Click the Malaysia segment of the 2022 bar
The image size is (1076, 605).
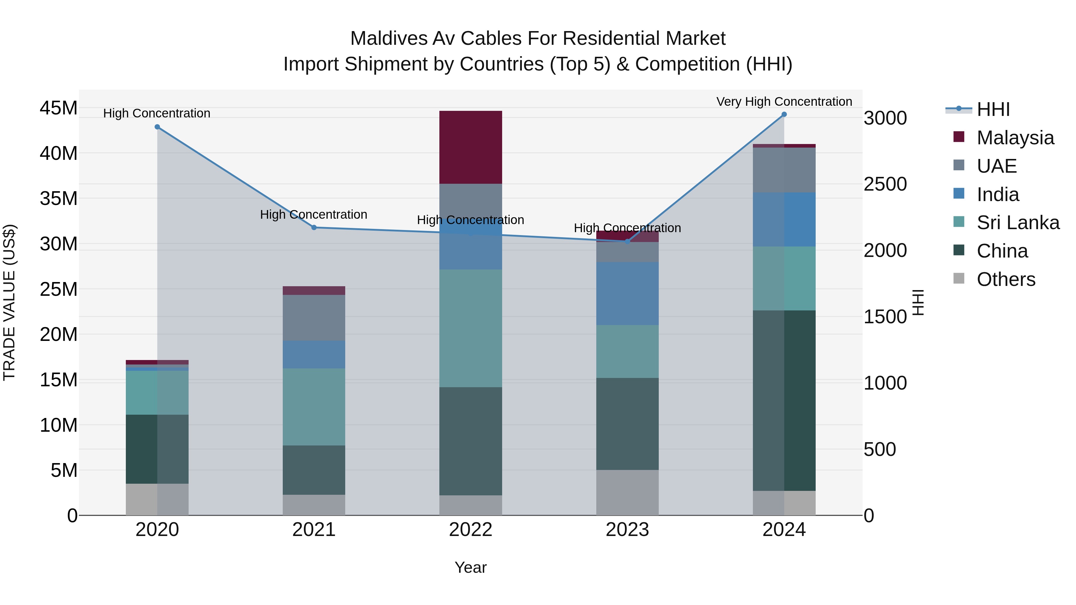470,147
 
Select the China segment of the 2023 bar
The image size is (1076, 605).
627,423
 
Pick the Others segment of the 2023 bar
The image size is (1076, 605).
627,492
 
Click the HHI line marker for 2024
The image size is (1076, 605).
784,114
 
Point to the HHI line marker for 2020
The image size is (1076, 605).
157,127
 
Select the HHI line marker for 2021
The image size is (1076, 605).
314,228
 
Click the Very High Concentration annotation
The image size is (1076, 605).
784,102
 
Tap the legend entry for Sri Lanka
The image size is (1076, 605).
1017,223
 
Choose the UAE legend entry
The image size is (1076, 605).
996,166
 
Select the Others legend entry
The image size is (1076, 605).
1005,279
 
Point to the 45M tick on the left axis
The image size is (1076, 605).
59,108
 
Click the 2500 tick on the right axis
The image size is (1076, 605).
885,184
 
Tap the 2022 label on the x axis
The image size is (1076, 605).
470,530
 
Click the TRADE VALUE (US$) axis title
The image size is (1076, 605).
9,302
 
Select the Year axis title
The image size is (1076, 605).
470,567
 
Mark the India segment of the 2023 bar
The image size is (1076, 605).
627,293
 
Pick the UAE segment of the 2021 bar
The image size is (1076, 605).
314,318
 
